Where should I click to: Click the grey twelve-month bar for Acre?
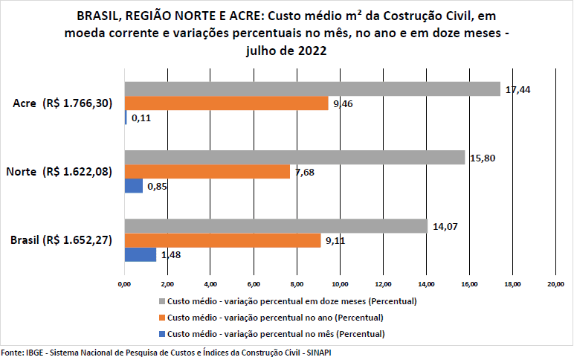[x=312, y=89]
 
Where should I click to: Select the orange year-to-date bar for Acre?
[x=227, y=103]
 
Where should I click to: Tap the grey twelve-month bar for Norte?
[x=294, y=158]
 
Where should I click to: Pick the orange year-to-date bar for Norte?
[x=207, y=172]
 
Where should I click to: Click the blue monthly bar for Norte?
[x=134, y=186]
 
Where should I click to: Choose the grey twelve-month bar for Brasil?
[x=276, y=226]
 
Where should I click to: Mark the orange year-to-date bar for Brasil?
[x=222, y=240]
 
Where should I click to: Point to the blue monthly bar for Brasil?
[x=141, y=254]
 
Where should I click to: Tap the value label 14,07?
[x=444, y=226]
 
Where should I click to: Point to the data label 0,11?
[x=141, y=118]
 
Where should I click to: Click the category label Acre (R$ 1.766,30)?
[x=62, y=103]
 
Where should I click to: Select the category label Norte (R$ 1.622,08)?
[x=59, y=172]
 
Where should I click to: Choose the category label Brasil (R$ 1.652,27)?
[x=61, y=240]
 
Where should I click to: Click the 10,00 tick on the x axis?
[x=340, y=284]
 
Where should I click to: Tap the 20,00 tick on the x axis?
[x=555, y=284]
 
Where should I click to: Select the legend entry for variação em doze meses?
[x=287, y=301]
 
